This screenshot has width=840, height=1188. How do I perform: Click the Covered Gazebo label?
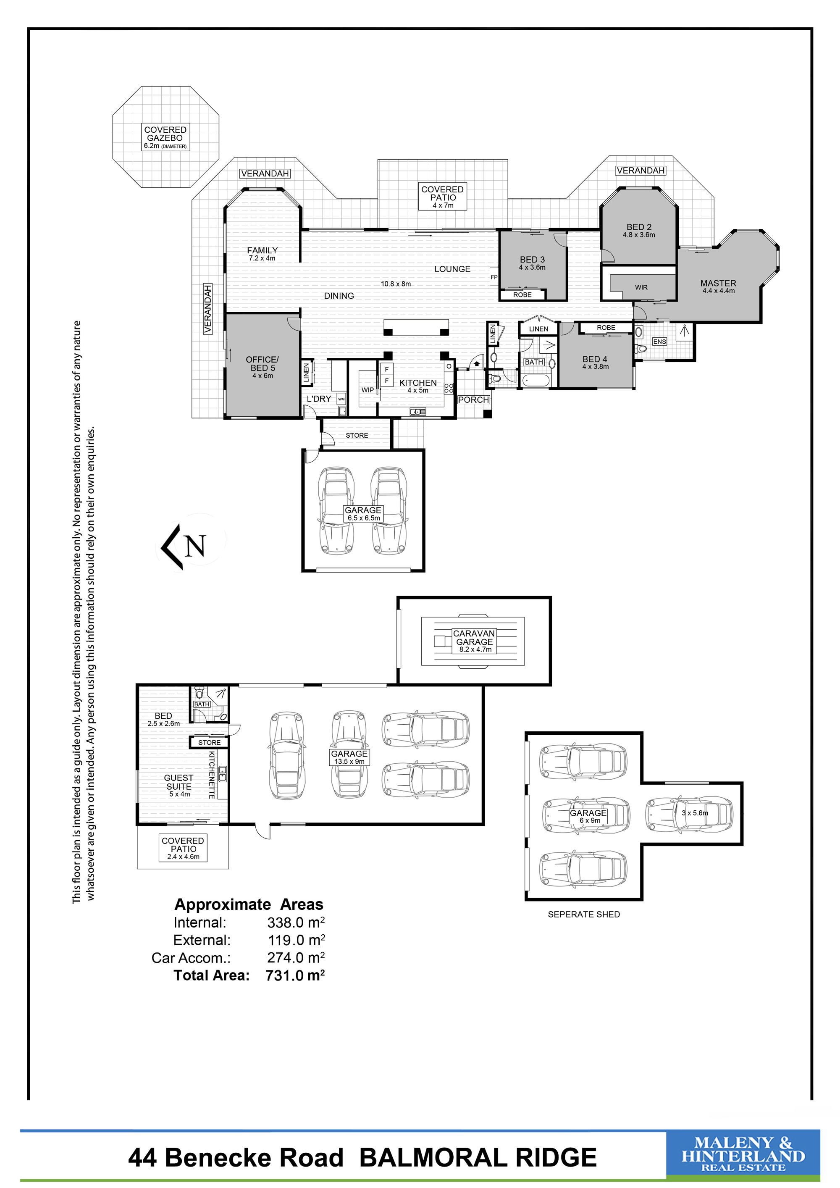(165, 138)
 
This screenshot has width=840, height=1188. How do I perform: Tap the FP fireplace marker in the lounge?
(494, 277)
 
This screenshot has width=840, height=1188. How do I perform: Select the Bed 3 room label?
(532, 263)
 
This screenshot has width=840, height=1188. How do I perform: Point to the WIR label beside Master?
(641, 287)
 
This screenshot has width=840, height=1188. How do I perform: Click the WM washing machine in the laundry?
(341, 400)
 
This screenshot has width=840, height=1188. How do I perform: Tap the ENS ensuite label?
(659, 342)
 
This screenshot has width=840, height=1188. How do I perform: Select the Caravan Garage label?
(474, 641)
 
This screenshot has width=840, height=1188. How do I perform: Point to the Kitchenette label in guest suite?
(212, 775)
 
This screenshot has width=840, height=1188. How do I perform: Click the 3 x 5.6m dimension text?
(695, 813)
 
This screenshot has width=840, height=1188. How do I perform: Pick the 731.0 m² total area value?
(295, 975)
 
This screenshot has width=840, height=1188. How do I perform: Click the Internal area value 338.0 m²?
(296, 923)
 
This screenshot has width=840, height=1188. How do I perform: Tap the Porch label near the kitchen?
(474, 400)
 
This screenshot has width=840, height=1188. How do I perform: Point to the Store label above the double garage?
(357, 435)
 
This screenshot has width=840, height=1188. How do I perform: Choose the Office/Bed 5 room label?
(262, 367)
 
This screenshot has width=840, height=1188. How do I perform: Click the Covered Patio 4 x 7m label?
(443, 197)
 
